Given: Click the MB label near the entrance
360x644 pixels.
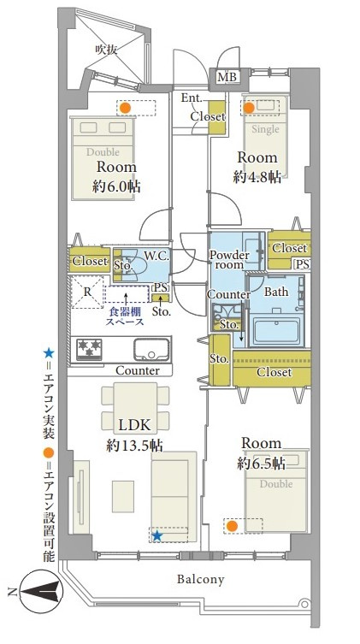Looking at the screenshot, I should (227, 78).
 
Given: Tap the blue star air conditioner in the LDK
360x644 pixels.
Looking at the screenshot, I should (157, 535).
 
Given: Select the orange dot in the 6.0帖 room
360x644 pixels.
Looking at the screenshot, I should (124, 109).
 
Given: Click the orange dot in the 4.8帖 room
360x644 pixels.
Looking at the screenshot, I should (250, 108).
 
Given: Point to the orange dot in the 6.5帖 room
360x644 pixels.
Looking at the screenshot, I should (232, 526).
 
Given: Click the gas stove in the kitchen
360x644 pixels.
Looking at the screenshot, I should (90, 348).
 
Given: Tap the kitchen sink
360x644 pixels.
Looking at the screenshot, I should (151, 348).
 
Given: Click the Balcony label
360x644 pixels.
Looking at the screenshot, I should (200, 579).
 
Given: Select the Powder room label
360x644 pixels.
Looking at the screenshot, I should (229, 260).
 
